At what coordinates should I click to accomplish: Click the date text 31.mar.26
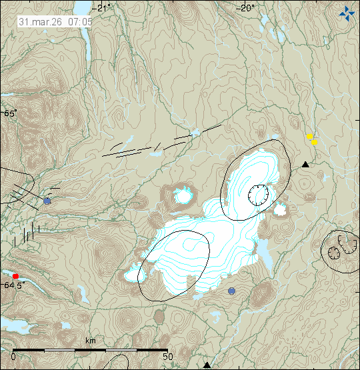tap(39, 21)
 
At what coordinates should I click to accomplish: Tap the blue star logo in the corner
tap(347, 12)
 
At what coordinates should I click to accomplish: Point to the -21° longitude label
tap(103, 8)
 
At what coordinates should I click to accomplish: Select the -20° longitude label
tap(246, 8)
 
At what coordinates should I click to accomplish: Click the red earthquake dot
tap(15, 275)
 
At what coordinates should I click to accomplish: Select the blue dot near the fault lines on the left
tap(47, 201)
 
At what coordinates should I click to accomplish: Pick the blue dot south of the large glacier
tap(231, 291)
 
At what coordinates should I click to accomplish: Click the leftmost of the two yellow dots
tap(309, 137)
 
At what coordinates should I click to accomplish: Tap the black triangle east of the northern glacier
tap(305, 164)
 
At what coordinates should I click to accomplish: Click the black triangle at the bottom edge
tap(207, 365)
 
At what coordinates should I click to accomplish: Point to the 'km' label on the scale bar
tap(91, 341)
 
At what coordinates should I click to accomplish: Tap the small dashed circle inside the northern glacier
tap(257, 195)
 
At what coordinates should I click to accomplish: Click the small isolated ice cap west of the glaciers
tap(183, 196)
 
